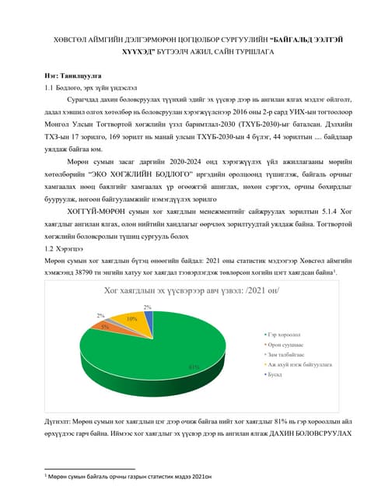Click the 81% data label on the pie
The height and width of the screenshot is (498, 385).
(194, 366)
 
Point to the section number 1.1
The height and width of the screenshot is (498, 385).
(50, 89)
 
